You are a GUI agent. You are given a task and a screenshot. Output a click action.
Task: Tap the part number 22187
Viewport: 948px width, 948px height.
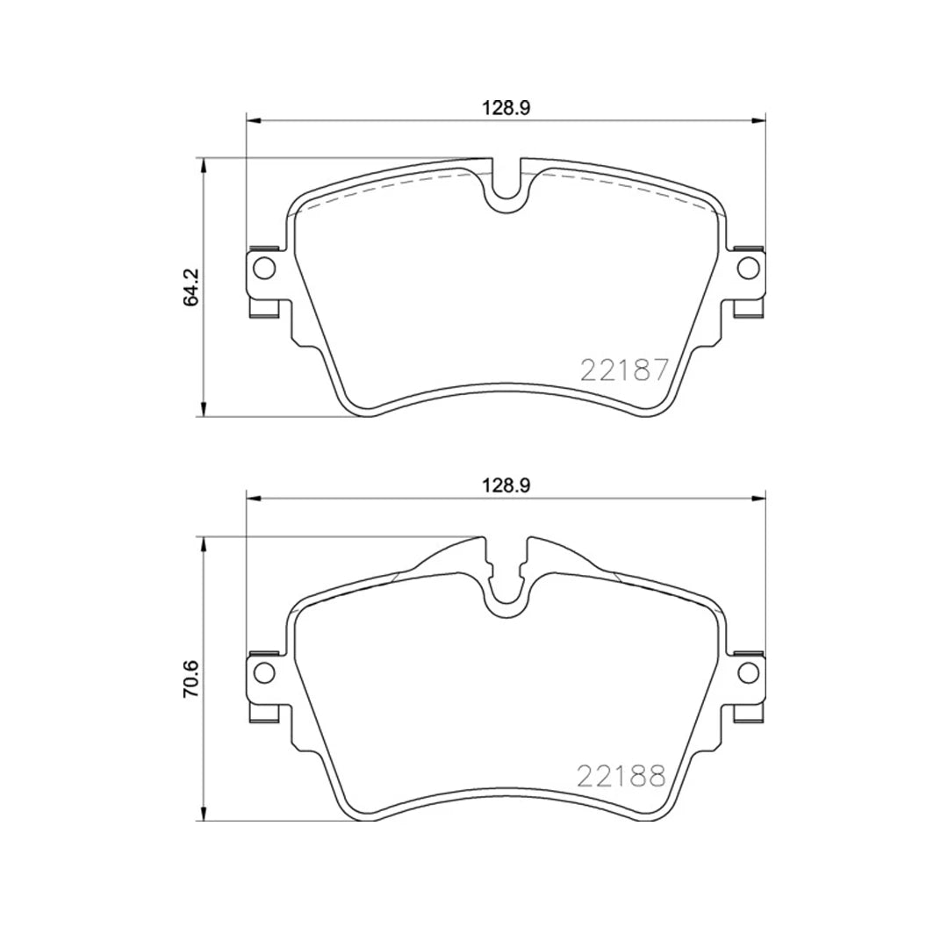tap(625, 370)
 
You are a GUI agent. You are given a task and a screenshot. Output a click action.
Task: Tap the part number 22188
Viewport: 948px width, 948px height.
tap(621, 775)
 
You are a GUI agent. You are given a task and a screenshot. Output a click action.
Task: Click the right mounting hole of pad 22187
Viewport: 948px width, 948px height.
tap(747, 267)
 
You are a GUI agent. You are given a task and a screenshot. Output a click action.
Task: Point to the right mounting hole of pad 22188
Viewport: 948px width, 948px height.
tap(747, 672)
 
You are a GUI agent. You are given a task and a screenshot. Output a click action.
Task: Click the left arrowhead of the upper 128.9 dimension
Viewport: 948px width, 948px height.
tap(253, 121)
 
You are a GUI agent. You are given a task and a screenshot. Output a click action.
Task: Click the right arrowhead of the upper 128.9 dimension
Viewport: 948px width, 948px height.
tap(759, 121)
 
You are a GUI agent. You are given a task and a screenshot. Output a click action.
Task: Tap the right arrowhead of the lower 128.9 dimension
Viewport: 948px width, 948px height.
tap(759, 499)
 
